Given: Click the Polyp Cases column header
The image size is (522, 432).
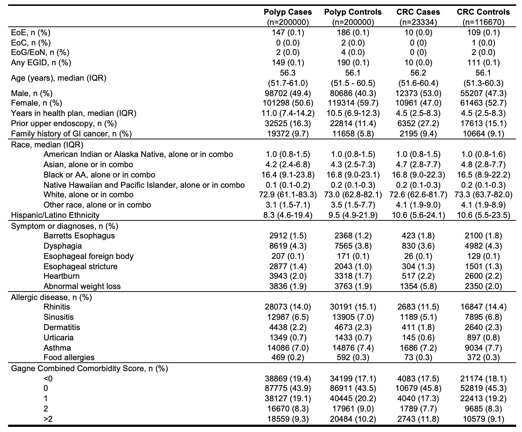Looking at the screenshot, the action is [288, 12].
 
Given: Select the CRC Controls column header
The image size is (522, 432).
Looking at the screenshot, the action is [483, 12].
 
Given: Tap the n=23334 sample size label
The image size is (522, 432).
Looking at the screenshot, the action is [418, 22].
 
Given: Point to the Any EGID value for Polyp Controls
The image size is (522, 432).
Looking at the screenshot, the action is [353, 62].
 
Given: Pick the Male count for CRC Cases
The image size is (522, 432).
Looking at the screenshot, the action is [418, 93].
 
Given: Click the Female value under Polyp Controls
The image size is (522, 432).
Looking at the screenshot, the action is [353, 103].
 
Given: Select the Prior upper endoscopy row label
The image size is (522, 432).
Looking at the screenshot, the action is [64, 124].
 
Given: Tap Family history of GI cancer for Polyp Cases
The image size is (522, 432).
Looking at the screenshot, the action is [288, 134].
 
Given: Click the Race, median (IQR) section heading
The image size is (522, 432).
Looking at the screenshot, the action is [47, 144].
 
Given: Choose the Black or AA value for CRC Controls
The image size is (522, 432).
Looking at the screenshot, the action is [483, 175].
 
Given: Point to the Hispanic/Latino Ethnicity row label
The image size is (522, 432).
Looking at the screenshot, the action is [55, 215].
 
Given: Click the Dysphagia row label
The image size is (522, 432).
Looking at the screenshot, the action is [63, 246].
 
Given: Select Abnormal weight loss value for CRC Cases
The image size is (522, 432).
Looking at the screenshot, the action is [418, 286].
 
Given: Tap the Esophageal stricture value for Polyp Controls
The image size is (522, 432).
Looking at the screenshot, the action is [353, 266].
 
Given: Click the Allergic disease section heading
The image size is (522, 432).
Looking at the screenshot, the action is [51, 297].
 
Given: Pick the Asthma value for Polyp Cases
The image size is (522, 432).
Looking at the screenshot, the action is [288, 348].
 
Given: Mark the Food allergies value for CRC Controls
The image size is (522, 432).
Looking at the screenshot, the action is [483, 357].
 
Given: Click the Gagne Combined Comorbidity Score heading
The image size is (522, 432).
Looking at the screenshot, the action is [89, 368].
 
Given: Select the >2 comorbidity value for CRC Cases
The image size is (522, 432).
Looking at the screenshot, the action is [418, 419].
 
